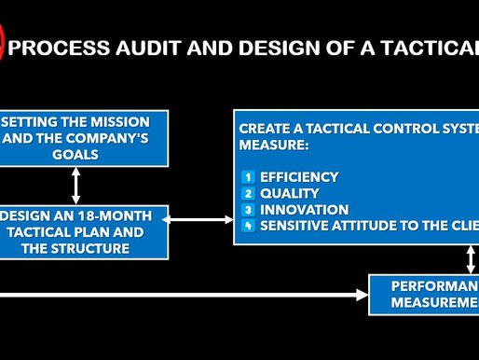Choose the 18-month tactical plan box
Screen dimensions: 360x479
pos(84,232)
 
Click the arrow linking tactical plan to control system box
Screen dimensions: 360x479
pos(201,220)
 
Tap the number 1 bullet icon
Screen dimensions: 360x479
pos(248,176)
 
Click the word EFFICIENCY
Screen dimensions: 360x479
pos(299,176)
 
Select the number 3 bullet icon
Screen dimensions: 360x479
pos(248,210)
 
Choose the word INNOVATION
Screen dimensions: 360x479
pos(305,210)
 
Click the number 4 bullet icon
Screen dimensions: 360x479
pos(248,227)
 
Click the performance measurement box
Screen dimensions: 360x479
pos(425,294)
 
